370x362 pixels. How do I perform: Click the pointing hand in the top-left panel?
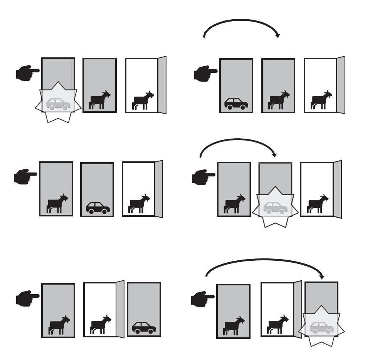[27, 72]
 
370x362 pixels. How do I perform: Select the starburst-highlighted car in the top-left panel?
[58, 104]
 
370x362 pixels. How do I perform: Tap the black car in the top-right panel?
[236, 104]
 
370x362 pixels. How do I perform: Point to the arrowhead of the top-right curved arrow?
[277, 36]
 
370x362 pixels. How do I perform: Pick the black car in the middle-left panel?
[98, 208]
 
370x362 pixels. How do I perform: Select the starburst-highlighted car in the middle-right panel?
[275, 208]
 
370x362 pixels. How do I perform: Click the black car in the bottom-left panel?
[144, 328]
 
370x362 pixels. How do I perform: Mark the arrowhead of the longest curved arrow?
[322, 277]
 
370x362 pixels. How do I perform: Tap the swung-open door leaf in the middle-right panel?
[337, 189]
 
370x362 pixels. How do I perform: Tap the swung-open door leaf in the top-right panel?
[341, 85]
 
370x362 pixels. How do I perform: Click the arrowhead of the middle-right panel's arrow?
[274, 155]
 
